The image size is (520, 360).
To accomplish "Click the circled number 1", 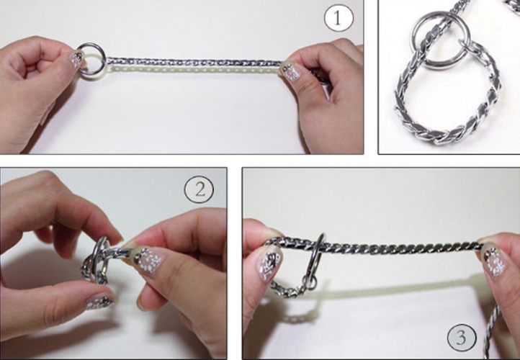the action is pyautogui.click(x=339, y=17).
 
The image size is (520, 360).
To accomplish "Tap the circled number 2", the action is pyautogui.click(x=199, y=189).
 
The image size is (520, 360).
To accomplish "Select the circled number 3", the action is pyautogui.click(x=462, y=338).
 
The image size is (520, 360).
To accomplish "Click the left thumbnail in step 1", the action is pyautogui.click(x=76, y=60).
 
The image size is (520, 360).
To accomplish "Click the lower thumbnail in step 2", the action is pyautogui.click(x=100, y=301).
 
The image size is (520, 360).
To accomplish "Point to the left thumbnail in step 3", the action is pyautogui.click(x=269, y=264).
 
